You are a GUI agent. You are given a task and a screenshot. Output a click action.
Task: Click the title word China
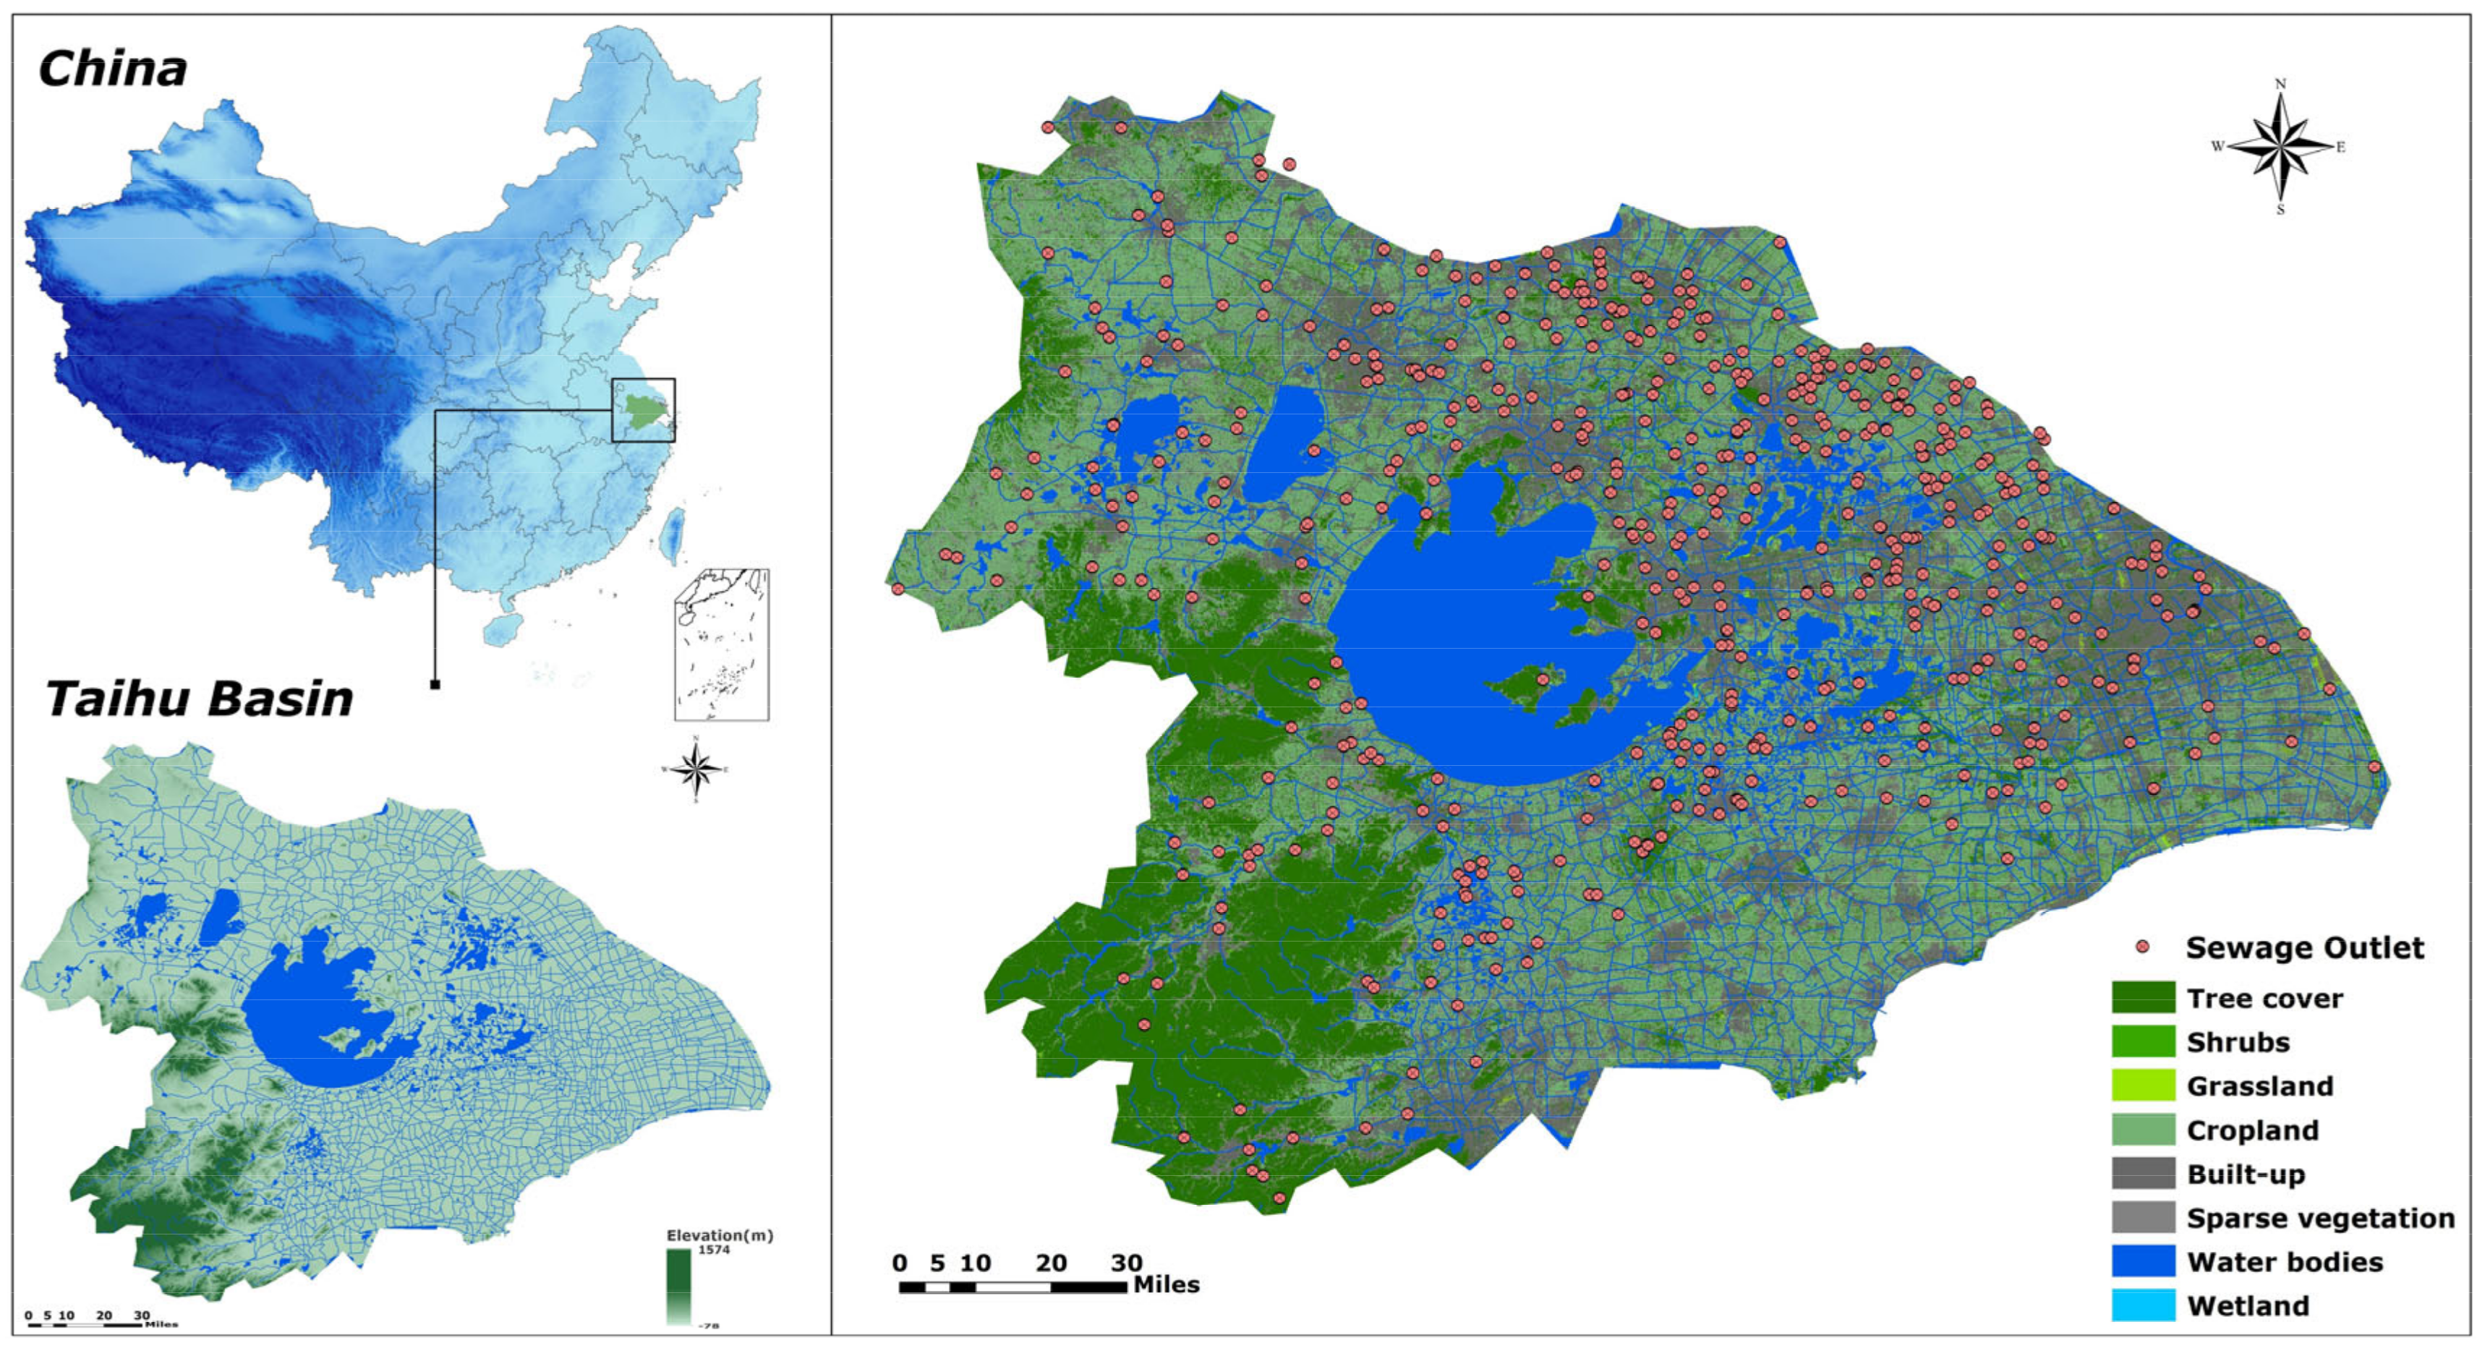(112, 70)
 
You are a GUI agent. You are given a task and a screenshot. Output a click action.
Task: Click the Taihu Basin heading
(199, 699)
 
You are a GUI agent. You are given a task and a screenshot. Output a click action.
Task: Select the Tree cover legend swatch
(2142, 998)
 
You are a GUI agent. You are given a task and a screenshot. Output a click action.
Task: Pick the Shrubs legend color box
(2142, 1042)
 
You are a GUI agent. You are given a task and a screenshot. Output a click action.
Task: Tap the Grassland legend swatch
(2142, 1085)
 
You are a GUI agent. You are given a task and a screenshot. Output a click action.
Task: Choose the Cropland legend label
(2251, 1130)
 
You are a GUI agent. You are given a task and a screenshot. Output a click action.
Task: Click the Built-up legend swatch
(2142, 1173)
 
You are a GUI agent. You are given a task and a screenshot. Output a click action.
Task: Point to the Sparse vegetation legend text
(2320, 1218)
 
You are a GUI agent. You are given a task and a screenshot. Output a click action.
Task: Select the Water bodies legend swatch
(2142, 1261)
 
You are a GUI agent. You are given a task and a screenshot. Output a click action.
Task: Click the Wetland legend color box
(2142, 1305)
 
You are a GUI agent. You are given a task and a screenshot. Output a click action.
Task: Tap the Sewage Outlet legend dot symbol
(2142, 947)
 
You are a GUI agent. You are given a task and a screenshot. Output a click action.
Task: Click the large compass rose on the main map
(2280, 148)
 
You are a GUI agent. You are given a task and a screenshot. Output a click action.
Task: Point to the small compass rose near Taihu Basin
(696, 769)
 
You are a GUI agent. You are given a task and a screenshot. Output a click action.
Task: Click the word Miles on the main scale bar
(1167, 1285)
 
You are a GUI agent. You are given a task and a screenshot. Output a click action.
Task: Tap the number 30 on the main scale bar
(1126, 1263)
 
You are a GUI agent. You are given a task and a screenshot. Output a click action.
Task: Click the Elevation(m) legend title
(719, 1235)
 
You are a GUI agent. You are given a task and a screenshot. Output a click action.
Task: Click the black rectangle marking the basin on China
(644, 410)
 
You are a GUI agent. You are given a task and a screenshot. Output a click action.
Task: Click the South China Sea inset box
(722, 644)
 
